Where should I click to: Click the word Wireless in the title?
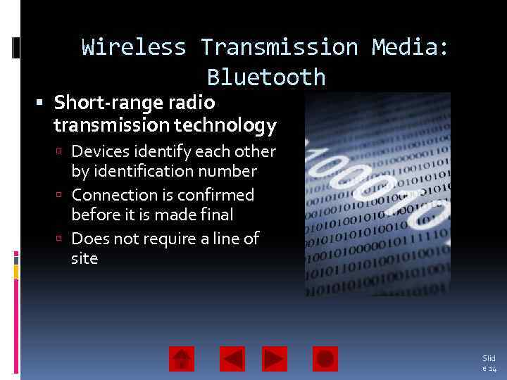pyautogui.click(x=134, y=48)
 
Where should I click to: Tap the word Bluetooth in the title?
pyautogui.click(x=266, y=77)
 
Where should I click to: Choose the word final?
pyautogui.click(x=216, y=214)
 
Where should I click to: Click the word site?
pyautogui.click(x=84, y=258)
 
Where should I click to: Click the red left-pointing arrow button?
pyautogui.click(x=232, y=359)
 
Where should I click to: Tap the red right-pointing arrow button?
pyautogui.click(x=275, y=359)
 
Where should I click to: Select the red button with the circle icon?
pyautogui.click(x=325, y=359)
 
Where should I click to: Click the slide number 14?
pyautogui.click(x=492, y=369)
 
